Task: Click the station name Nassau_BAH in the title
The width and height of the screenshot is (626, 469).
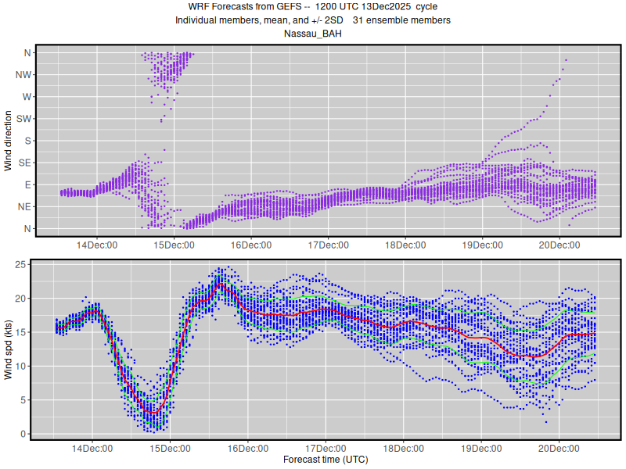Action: [313, 34]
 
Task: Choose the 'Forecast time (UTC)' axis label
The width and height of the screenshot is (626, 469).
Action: [326, 460]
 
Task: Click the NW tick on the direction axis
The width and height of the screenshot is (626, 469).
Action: [23, 75]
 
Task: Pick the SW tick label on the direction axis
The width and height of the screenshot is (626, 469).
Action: [23, 119]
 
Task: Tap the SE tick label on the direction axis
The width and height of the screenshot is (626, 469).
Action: [24, 163]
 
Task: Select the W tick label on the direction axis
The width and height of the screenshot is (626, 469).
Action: [27, 97]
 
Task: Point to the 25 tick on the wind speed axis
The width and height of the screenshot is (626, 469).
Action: [23, 265]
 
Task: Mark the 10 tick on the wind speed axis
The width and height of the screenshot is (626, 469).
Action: [23, 366]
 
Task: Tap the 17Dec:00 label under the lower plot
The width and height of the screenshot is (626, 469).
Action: [326, 449]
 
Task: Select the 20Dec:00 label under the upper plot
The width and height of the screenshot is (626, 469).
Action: [559, 245]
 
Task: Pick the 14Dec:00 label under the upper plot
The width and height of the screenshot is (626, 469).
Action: [97, 245]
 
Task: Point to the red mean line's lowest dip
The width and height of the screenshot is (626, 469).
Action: [153, 412]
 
